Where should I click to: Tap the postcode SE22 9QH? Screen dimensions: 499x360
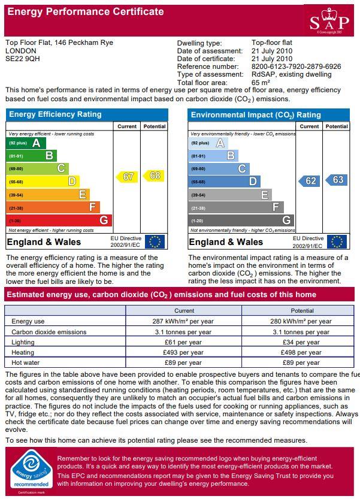click(x=23, y=59)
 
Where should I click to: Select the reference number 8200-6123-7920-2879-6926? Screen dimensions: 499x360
click(x=296, y=66)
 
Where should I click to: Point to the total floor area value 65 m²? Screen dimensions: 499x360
click(x=261, y=82)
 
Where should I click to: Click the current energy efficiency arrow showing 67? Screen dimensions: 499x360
click(x=127, y=176)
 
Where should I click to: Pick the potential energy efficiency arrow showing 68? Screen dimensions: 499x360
click(x=154, y=176)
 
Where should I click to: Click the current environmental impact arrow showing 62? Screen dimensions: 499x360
click(x=309, y=181)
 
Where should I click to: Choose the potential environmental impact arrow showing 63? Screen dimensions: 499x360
click(x=337, y=180)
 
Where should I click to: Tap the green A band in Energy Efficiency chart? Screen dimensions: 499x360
click(x=26, y=143)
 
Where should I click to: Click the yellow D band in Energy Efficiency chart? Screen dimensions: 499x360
click(x=43, y=182)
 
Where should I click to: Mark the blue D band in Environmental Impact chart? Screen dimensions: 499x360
click(x=224, y=182)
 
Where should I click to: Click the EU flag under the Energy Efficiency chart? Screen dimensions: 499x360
click(x=154, y=241)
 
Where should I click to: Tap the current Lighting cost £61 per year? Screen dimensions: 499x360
click(x=184, y=342)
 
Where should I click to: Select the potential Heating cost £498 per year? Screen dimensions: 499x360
click(x=302, y=352)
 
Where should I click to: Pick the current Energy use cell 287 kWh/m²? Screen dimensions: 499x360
click(x=184, y=322)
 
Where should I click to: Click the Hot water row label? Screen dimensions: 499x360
click(x=25, y=362)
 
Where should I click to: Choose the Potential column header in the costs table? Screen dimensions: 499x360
click(x=302, y=311)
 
